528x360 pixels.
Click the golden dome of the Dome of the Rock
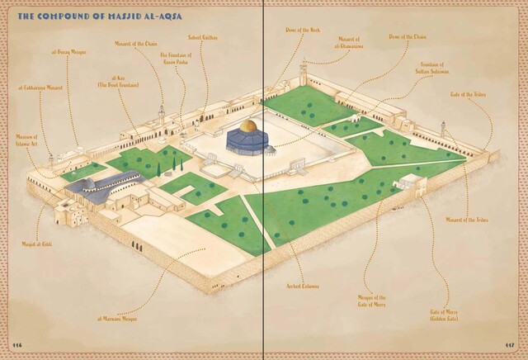click(248, 126)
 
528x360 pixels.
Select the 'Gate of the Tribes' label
click(469, 94)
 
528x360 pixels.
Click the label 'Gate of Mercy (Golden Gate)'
click(444, 315)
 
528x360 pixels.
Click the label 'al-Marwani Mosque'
click(117, 318)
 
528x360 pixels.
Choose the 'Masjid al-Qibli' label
click(32, 245)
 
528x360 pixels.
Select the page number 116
click(17, 343)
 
